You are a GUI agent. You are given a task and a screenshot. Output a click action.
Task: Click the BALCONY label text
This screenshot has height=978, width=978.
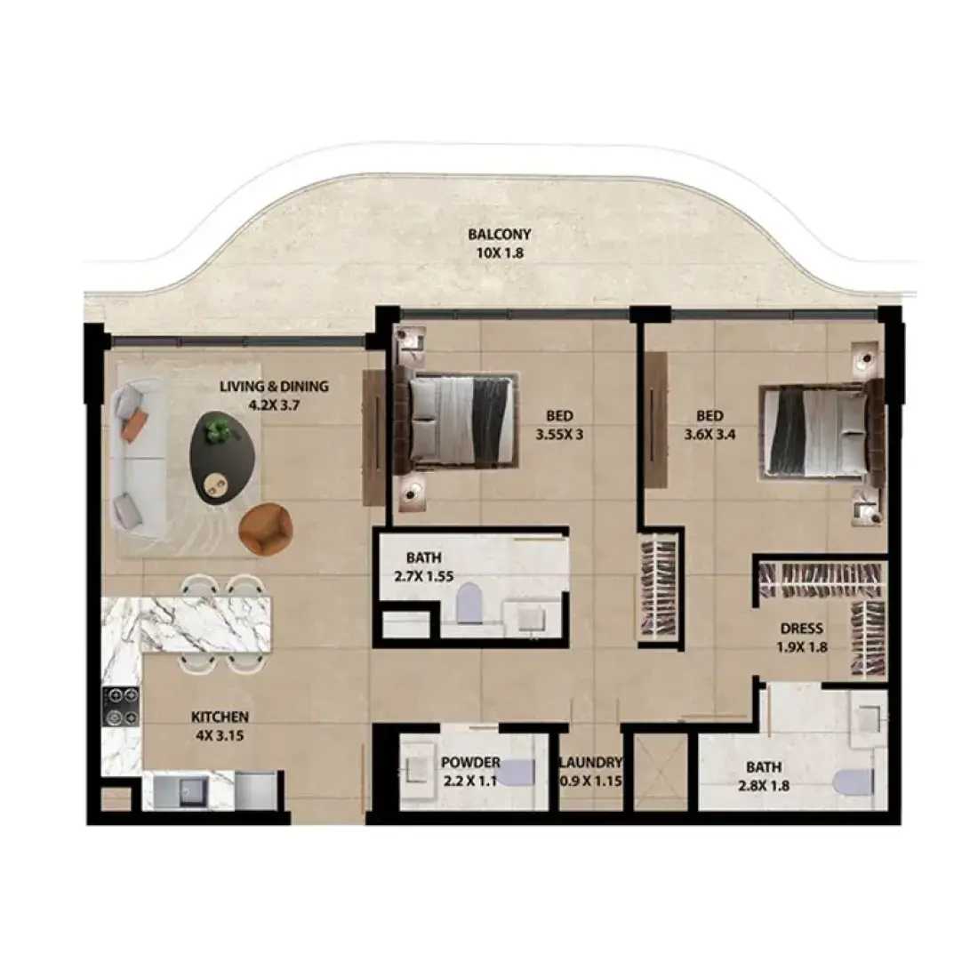500,235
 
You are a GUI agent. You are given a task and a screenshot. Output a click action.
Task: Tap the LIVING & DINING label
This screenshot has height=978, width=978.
274,387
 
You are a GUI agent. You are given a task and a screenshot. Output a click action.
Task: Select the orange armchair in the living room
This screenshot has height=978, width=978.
266,529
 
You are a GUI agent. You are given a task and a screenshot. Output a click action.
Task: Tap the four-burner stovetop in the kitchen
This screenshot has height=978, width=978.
121,707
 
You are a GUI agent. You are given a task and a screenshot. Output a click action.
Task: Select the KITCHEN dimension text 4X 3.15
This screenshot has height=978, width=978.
220,736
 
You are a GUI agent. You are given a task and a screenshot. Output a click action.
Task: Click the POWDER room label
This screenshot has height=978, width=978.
470,762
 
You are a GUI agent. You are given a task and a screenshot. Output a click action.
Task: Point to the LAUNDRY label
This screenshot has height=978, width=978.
590,762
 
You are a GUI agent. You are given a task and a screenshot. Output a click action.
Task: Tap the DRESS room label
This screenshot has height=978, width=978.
801,629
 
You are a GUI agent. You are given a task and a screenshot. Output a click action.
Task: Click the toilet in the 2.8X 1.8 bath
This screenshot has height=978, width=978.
853,782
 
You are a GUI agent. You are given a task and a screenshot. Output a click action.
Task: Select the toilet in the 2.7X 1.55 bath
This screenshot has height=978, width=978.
469,603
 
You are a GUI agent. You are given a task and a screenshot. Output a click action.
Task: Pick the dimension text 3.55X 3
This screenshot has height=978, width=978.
559,435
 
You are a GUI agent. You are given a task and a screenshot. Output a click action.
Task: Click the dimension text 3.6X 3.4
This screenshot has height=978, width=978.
709,435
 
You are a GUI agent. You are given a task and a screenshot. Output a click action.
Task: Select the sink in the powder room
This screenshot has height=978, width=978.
416,769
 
